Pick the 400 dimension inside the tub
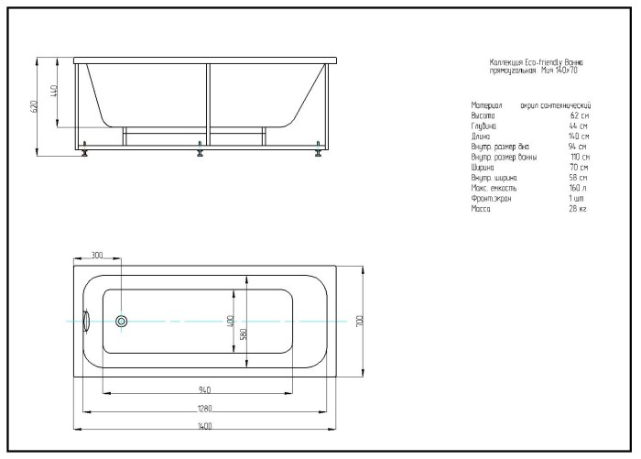[232, 322]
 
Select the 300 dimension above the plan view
[97, 256]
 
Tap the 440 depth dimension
[56, 92]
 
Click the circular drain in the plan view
[122, 322]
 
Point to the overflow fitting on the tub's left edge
[84, 322]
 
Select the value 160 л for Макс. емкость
[578, 188]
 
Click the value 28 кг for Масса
[577, 209]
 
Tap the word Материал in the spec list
[486, 106]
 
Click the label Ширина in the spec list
[483, 168]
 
